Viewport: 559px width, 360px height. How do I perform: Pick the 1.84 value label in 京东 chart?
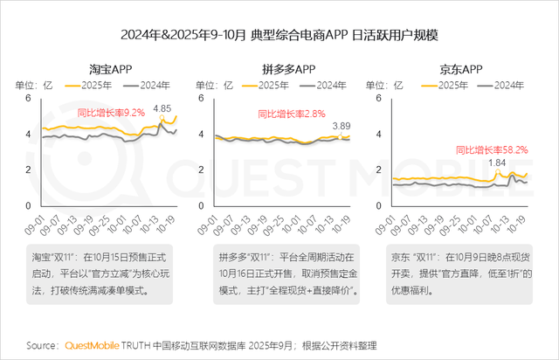coord(497,163)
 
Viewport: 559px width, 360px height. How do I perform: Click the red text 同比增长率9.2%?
coord(110,114)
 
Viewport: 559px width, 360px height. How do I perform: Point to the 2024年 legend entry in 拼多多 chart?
coord(328,85)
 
